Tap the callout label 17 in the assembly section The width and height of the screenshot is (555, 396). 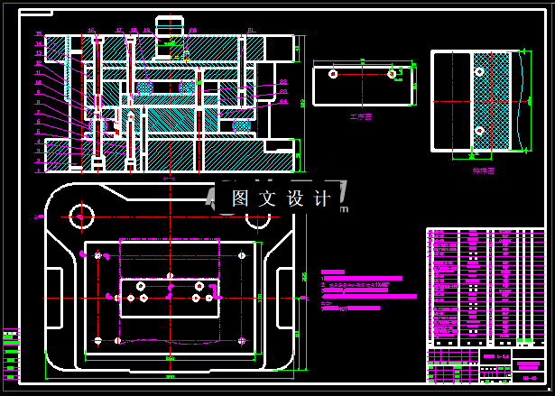click(x=119, y=30)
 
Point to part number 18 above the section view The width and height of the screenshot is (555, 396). click(x=134, y=30)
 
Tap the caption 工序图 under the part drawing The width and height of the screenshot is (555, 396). click(x=361, y=117)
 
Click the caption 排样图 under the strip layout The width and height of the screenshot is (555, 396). click(x=484, y=170)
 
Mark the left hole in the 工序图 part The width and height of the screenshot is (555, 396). click(x=333, y=73)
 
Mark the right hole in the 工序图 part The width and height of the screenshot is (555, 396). click(x=392, y=73)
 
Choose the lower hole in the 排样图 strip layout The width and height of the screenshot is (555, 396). click(x=479, y=132)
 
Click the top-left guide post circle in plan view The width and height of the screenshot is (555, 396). click(x=81, y=216)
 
